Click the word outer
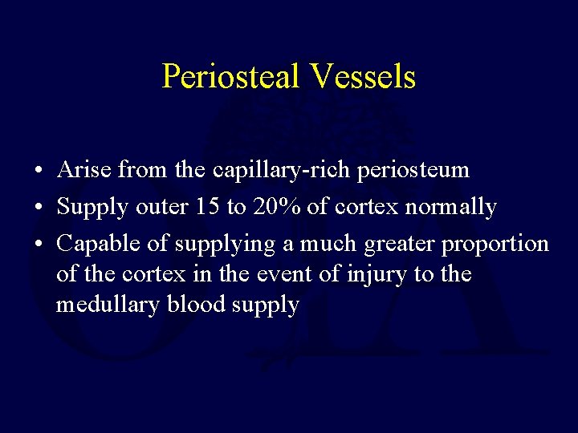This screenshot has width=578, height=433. [157, 207]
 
